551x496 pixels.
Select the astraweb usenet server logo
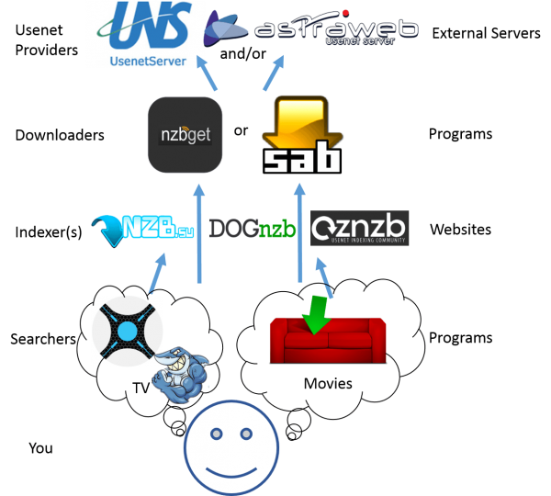(312, 30)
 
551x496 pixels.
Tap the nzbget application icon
(186, 136)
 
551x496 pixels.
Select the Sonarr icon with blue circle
(127, 330)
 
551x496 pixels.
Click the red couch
(316, 340)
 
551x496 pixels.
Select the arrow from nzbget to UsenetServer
(209, 78)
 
